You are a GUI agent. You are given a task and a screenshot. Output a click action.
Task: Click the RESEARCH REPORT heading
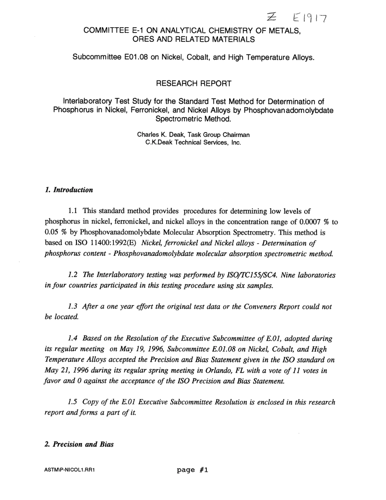pyautogui.click(x=193, y=83)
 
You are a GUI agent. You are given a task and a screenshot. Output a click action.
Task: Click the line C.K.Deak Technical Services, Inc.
pyautogui.click(x=193, y=143)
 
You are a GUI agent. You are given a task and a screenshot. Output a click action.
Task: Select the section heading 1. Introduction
pyautogui.click(x=69, y=190)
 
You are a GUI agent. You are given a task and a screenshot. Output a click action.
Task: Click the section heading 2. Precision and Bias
pyautogui.click(x=79, y=444)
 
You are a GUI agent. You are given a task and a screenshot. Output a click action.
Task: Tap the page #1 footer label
pyautogui.click(x=193, y=470)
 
